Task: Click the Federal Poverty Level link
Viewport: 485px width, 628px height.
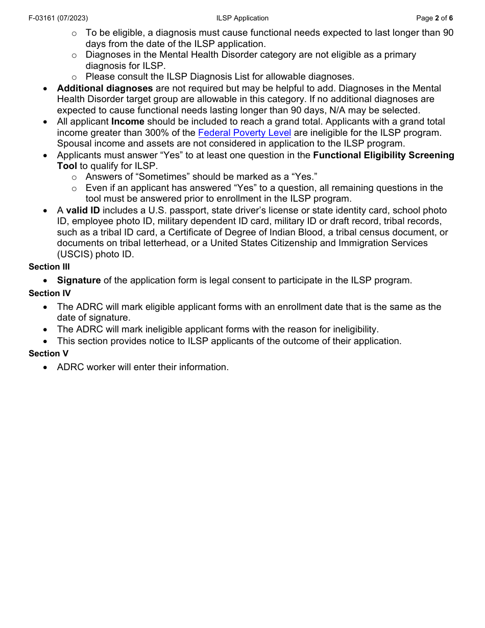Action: [x=244, y=133]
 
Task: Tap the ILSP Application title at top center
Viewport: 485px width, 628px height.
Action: [x=242, y=18]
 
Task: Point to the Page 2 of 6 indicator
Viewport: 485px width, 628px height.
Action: [x=434, y=18]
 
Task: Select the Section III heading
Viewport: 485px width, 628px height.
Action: [x=49, y=267]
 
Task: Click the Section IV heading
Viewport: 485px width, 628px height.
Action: [x=50, y=293]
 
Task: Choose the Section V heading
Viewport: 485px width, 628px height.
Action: [x=48, y=353]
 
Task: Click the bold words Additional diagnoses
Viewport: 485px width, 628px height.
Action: [x=105, y=88]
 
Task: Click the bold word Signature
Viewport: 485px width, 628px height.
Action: [x=79, y=280]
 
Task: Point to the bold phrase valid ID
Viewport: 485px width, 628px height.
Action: [x=83, y=210]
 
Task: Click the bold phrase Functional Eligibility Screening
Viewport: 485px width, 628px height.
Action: [x=383, y=155]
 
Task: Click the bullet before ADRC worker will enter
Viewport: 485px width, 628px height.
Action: [x=46, y=367]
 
